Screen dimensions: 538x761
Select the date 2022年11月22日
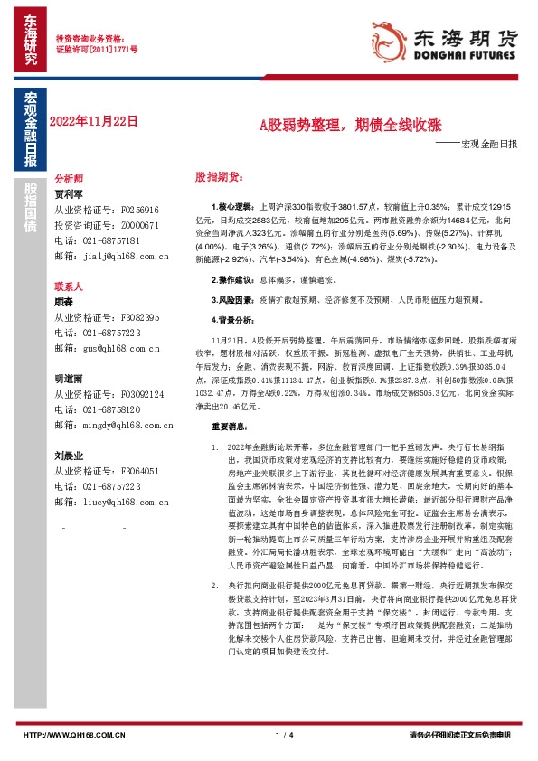(92, 120)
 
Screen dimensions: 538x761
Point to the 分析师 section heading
(69, 179)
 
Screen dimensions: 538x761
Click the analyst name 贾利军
(69, 194)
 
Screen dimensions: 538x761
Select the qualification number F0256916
(140, 210)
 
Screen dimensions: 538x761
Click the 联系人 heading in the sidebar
(69, 286)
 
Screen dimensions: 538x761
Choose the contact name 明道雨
(69, 380)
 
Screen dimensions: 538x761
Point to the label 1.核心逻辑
(233, 207)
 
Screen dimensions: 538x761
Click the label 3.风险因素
(233, 297)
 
